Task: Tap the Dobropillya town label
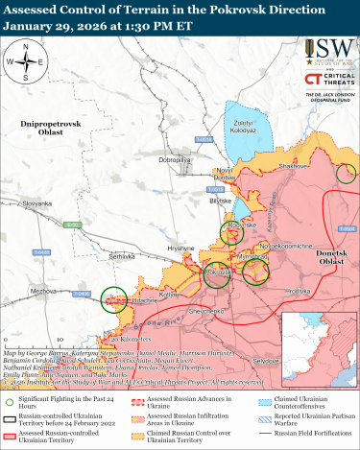[179, 158]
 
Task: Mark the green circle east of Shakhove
[347, 173]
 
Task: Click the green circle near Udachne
[115, 299]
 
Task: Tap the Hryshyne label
[181, 248]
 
